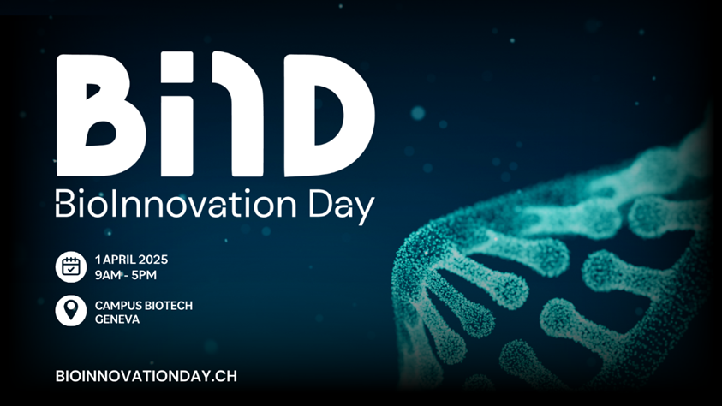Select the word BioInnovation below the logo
pyautogui.click(x=172, y=206)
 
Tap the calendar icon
pyautogui.click(x=71, y=266)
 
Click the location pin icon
pyautogui.click(x=71, y=311)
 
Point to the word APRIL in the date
pyautogui.click(x=121, y=259)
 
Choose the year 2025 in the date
pyautogui.click(x=156, y=259)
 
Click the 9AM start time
pyautogui.click(x=110, y=274)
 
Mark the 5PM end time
pyautogui.click(x=156, y=274)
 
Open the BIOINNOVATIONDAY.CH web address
pyautogui.click(x=146, y=375)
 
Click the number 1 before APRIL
pyautogui.click(x=98, y=259)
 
